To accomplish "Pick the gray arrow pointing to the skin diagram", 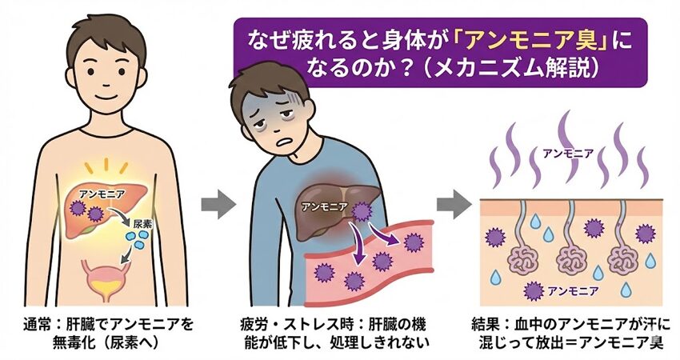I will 458,204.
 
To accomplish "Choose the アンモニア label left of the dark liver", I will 324,206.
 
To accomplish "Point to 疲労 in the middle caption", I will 255,326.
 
